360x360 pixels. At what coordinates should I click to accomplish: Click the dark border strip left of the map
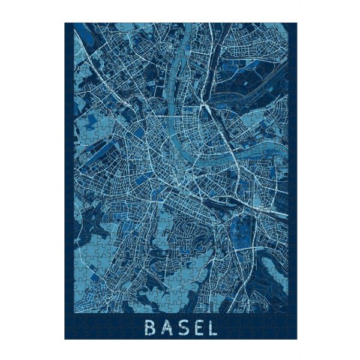69,180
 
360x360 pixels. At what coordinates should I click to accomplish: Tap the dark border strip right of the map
292,180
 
